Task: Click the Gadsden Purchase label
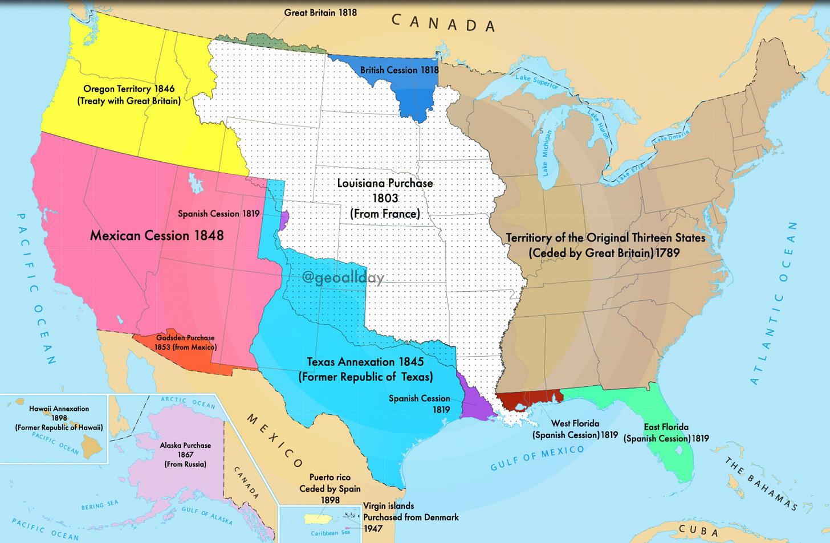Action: pyautogui.click(x=185, y=342)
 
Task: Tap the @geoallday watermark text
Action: pyautogui.click(x=343, y=277)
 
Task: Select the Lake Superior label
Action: pyautogui.click(x=537, y=81)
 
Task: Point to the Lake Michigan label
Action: pyautogui.click(x=546, y=152)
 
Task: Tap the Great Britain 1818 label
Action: pyautogui.click(x=320, y=13)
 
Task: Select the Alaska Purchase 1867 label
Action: pyautogui.click(x=185, y=455)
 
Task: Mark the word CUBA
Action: pyautogui.click(x=699, y=531)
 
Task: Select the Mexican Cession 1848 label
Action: pyautogui.click(x=157, y=235)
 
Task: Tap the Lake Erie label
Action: pyautogui.click(x=630, y=173)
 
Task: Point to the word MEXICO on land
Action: pyautogui.click(x=274, y=440)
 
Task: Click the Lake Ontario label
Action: pyautogui.click(x=671, y=136)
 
